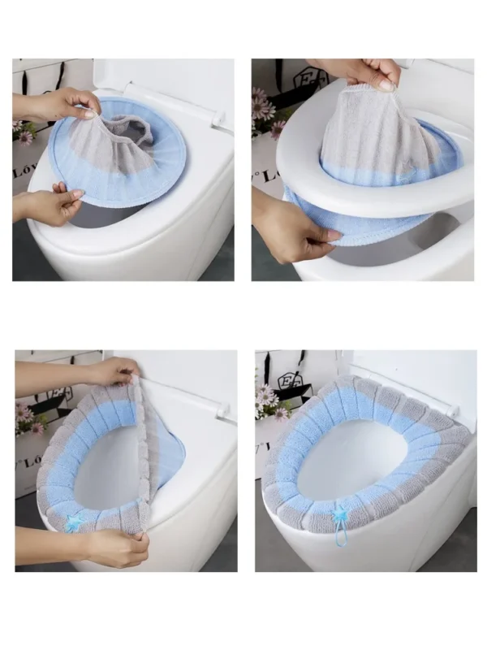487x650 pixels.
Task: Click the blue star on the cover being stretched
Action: pos(74,524)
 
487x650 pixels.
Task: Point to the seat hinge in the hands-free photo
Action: pos(449,405)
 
